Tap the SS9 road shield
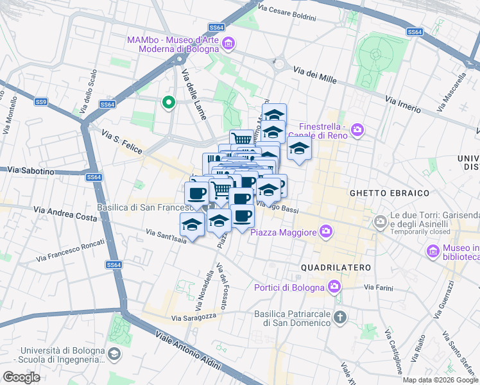(x=41, y=101)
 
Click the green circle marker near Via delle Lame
(x=169, y=103)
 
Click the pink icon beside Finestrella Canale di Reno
(x=357, y=131)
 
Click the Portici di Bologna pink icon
(x=334, y=286)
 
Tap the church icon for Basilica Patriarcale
(x=340, y=318)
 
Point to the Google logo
(x=21, y=377)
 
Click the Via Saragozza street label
(x=195, y=318)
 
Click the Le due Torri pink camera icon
(x=381, y=221)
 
